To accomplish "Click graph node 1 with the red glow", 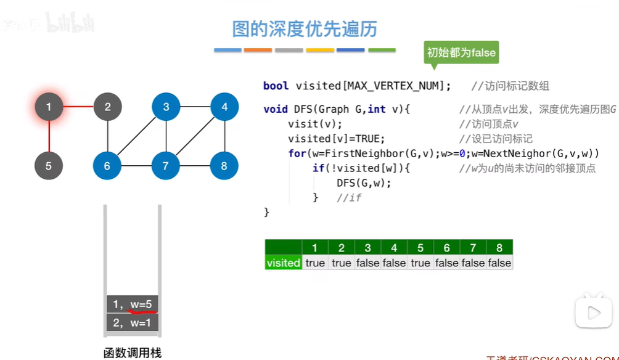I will pyautogui.click(x=49, y=107).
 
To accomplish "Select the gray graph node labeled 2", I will pyautogui.click(x=107, y=107).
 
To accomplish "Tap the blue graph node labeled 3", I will pyautogui.click(x=166, y=107).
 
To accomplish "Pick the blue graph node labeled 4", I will pyautogui.click(x=224, y=107).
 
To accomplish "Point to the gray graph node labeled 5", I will pyautogui.click(x=49, y=166).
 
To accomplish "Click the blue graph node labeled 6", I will pyautogui.click(x=107, y=166).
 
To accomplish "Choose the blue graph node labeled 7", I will pyautogui.click(x=166, y=166).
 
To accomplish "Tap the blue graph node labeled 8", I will pyautogui.click(x=224, y=166).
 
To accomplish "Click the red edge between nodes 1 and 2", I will pyautogui.click(x=78, y=107).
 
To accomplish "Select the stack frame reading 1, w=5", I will pyautogui.click(x=133, y=304).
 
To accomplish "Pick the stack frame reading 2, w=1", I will pyautogui.click(x=133, y=322).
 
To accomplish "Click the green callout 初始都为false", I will pyautogui.click(x=461, y=53).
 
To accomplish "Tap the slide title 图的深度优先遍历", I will pyautogui.click(x=305, y=29).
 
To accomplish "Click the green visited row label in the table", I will pyautogui.click(x=283, y=263).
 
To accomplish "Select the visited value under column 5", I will pyautogui.click(x=420, y=263).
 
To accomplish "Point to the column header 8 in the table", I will pyautogui.click(x=499, y=248).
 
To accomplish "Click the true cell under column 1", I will pyautogui.click(x=315, y=263).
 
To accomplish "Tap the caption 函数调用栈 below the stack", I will pyautogui.click(x=132, y=353).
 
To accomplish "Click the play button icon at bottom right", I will pyautogui.click(x=593, y=313).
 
